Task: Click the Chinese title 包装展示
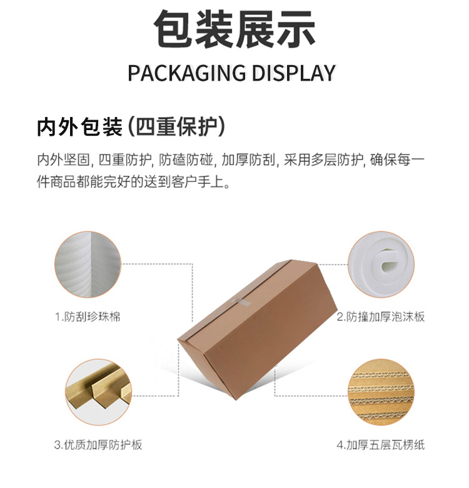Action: tap(234, 29)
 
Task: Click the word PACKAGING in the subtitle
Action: tap(186, 73)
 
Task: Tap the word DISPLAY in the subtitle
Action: tap(293, 73)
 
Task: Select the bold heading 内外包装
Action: tap(79, 127)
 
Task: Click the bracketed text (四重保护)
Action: tap(176, 127)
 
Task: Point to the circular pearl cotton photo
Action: tap(88, 264)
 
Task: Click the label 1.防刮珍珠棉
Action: tap(88, 317)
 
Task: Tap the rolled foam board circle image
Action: tap(381, 264)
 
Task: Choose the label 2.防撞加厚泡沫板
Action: tap(381, 317)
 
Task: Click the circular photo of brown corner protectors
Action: tap(99, 392)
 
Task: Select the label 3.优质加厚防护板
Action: tap(98, 445)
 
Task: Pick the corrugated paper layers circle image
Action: tap(381, 392)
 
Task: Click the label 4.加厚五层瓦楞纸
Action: tap(381, 445)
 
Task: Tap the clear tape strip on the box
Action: tap(241, 302)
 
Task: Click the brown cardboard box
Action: tap(257, 329)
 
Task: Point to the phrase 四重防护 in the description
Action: tap(125, 160)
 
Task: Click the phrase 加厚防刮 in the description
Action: tap(248, 160)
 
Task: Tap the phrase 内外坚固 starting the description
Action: tap(63, 160)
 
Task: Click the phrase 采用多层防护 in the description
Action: tap(323, 160)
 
